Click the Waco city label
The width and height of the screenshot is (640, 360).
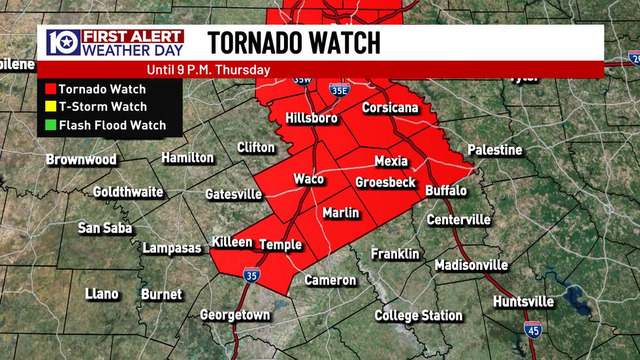click(309, 179)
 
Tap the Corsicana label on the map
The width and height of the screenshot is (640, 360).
click(390, 108)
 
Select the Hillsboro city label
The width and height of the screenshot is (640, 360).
click(312, 118)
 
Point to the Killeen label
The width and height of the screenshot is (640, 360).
click(232, 242)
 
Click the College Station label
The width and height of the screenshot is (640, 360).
click(419, 316)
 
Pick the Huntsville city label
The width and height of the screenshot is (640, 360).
click(523, 302)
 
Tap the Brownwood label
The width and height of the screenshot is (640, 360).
click(81, 159)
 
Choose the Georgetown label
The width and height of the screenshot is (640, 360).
click(235, 315)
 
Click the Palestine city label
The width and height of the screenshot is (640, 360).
click(495, 150)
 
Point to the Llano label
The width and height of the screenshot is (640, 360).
click(102, 294)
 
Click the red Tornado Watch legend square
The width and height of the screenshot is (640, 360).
click(49, 90)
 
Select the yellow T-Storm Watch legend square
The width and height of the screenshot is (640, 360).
click(49, 107)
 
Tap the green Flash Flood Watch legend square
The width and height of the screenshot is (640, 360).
click(49, 125)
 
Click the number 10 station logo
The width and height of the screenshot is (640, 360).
click(63, 42)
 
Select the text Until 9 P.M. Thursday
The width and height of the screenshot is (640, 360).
click(210, 70)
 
